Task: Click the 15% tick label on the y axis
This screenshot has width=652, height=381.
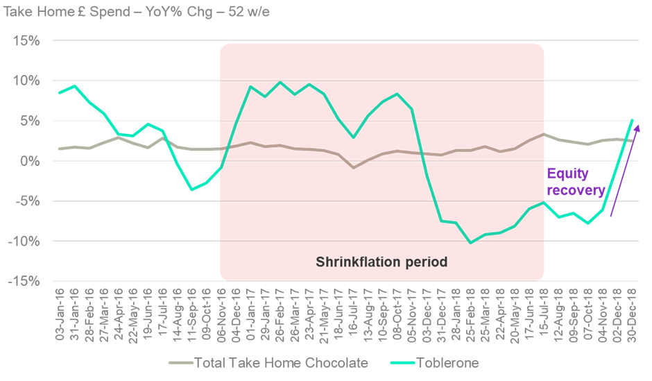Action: click(x=25, y=40)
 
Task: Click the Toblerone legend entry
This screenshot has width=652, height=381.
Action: click(x=447, y=362)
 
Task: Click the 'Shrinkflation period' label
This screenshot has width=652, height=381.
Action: click(x=381, y=262)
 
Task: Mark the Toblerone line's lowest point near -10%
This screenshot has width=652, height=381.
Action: click(x=471, y=242)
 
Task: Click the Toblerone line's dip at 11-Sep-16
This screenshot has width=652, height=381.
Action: click(x=192, y=189)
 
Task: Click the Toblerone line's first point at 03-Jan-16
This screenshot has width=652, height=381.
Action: click(x=60, y=92)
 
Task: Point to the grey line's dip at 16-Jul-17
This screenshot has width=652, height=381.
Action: click(x=354, y=167)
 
